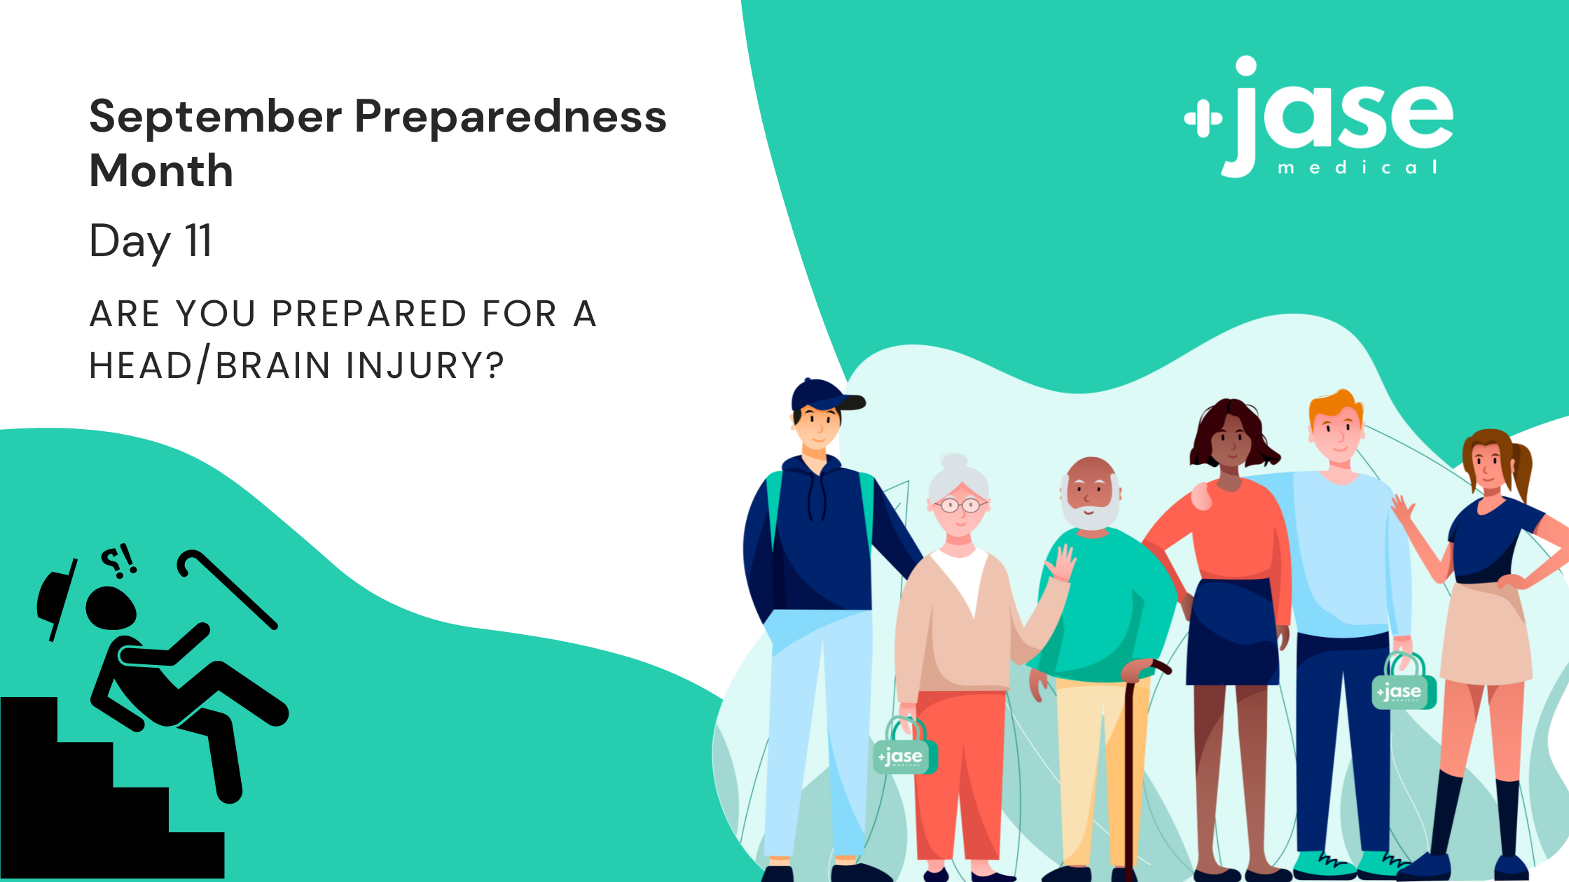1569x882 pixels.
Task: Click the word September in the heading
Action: (216, 118)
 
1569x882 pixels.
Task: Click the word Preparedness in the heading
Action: (511, 118)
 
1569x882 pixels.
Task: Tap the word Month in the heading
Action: (161, 170)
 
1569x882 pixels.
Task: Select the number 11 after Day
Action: (198, 241)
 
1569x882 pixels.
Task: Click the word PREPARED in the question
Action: (369, 314)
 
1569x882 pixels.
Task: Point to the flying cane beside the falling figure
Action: (226, 589)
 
